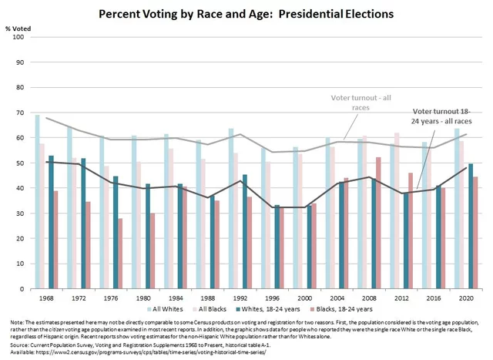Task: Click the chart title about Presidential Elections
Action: [x=247, y=15]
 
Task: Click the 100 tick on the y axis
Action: [x=19, y=37]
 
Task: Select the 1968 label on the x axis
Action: [x=45, y=298]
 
